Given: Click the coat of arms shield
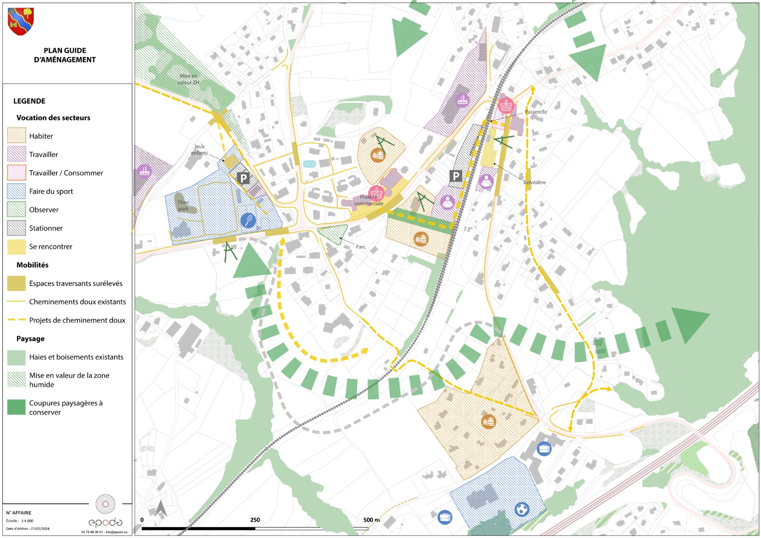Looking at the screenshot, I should [x=21, y=21].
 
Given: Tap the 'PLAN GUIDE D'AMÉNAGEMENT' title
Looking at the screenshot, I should [x=65, y=55].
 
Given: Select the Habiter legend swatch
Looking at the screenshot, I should [x=16, y=135].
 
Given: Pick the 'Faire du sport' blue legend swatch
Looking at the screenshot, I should [x=16, y=191].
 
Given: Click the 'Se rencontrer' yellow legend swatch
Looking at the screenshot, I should [x=16, y=247].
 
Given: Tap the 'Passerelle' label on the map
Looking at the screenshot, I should [x=536, y=112].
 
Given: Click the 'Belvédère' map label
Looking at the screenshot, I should [x=535, y=183].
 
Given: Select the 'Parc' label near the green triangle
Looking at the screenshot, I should [x=361, y=247].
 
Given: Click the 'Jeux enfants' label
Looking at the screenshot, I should [x=199, y=149].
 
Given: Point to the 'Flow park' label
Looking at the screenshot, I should [x=183, y=206].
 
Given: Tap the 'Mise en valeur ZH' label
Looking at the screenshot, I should [x=188, y=79].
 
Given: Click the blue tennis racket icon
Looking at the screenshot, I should [x=248, y=221].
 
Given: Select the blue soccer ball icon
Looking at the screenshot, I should [x=522, y=509].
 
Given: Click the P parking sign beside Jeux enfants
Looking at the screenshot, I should [x=243, y=178].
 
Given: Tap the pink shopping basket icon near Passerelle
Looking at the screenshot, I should [x=506, y=106].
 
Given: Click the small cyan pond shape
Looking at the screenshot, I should [x=309, y=164].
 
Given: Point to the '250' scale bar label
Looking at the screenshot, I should [x=255, y=520].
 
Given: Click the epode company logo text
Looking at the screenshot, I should [x=105, y=522].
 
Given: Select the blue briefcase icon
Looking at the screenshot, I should [x=544, y=449].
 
